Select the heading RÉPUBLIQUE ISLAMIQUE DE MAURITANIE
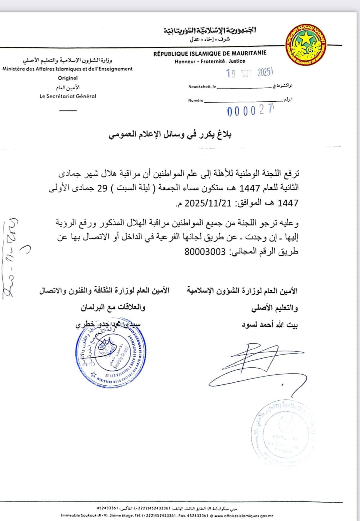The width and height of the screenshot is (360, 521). point(210,53)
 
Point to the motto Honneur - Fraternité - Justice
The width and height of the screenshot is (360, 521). point(210,61)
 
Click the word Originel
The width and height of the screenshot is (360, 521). point(68,78)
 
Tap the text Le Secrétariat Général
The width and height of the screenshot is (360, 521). point(68,96)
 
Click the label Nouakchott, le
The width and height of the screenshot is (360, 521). point(202,87)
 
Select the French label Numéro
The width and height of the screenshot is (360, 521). point(196,101)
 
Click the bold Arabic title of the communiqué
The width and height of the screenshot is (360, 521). point(170,135)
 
